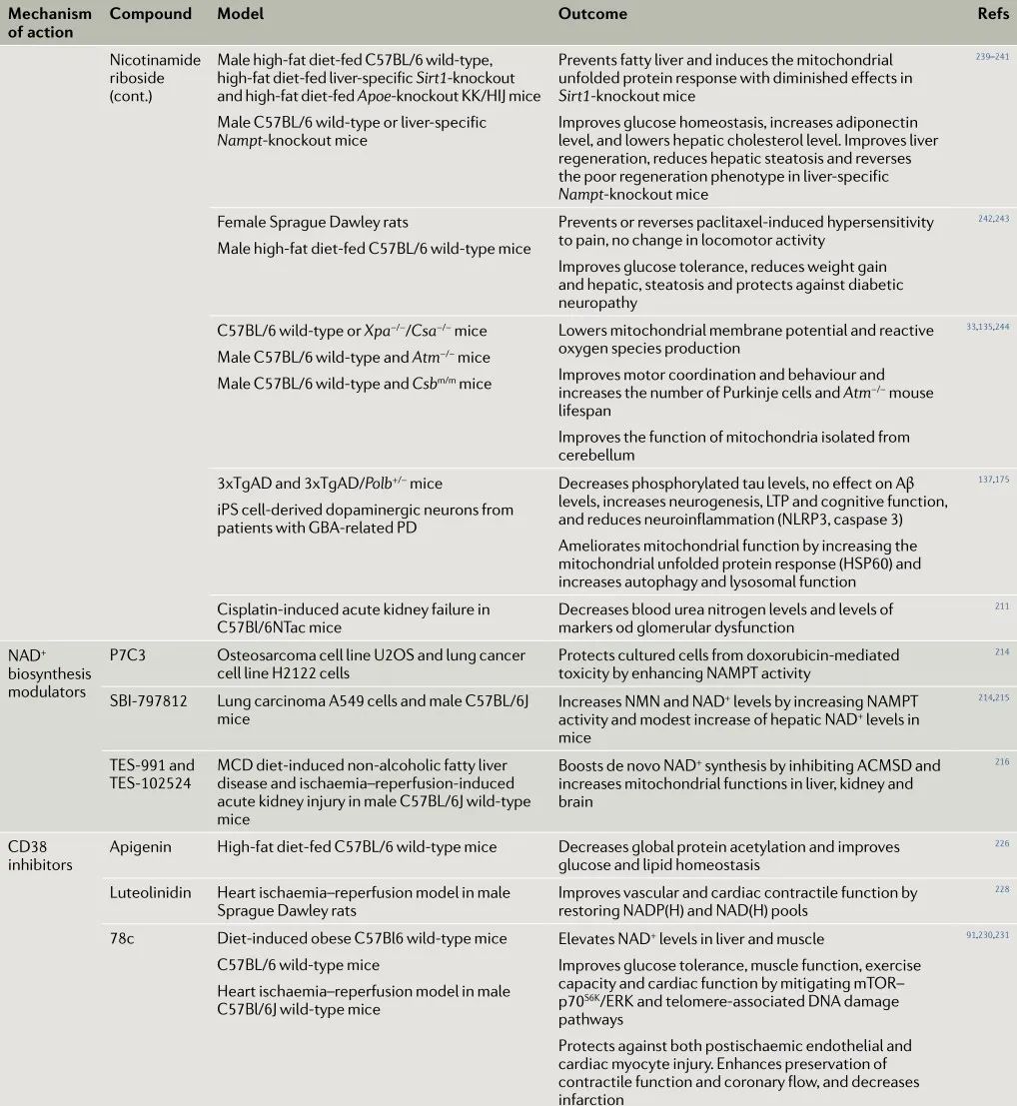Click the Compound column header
[x=150, y=14]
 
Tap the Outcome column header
[x=592, y=14]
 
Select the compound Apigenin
[x=140, y=846]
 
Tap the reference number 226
[x=1002, y=844]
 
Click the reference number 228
[x=1002, y=889]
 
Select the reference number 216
[x=1002, y=762]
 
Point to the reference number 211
[x=1002, y=605]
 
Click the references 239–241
[x=992, y=57]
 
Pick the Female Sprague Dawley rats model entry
[x=312, y=222]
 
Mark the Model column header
[x=240, y=14]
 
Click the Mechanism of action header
[x=50, y=23]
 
